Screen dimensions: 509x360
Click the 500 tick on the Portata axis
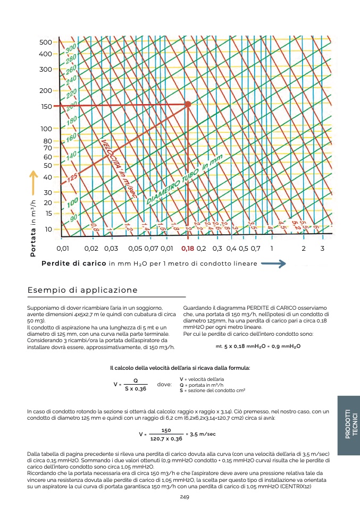pyautogui.click(x=45, y=42)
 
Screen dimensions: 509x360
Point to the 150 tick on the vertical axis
pyautogui.click(x=46, y=106)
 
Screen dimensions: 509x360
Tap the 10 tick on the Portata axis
pyautogui.click(x=48, y=229)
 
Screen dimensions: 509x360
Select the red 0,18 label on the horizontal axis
pyautogui.click(x=188, y=248)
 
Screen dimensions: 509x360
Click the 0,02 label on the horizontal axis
pyautogui.click(x=91, y=248)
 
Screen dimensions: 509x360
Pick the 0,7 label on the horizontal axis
pyautogui.click(x=255, y=248)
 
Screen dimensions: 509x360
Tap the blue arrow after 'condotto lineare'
pyautogui.click(x=274, y=264)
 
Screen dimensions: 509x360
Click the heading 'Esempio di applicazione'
pyautogui.click(x=82, y=290)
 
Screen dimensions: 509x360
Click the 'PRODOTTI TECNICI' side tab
pyautogui.click(x=348, y=423)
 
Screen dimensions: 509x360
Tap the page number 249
pyautogui.click(x=185, y=497)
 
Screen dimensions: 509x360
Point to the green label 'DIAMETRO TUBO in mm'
pyautogui.click(x=184, y=179)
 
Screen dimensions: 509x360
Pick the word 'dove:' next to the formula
pyautogui.click(x=165, y=384)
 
